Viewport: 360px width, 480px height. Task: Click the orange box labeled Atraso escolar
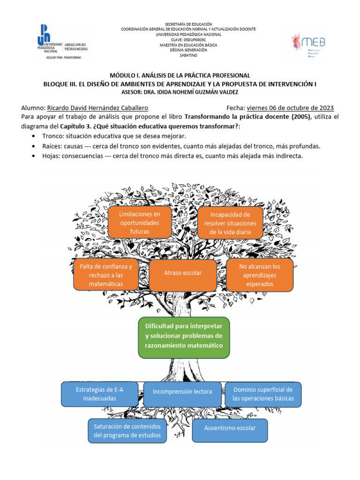pos(183,272)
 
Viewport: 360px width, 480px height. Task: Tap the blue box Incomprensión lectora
pos(182,392)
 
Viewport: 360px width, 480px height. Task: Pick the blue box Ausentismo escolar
pos(230,428)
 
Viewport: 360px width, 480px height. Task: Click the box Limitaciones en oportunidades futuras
pos(140,223)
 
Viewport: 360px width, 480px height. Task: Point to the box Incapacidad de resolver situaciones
pos(230,223)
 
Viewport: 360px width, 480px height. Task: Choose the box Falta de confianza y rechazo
pos(106,275)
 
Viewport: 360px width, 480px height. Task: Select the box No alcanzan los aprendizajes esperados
pos(259,275)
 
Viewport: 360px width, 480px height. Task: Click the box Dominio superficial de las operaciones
pos(263,394)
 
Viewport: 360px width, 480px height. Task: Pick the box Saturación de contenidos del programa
pos(127,431)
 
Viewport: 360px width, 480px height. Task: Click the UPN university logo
pos(60,42)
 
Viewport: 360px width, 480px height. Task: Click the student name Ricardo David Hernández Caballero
pos(98,108)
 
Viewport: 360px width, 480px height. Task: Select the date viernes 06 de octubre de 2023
pos(290,108)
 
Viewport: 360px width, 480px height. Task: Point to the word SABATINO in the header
pos(188,55)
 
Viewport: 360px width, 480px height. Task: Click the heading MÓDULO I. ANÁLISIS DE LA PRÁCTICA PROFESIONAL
pos(180,75)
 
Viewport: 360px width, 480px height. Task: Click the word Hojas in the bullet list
pos(51,156)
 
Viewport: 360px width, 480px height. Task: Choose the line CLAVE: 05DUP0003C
pos(188,39)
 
